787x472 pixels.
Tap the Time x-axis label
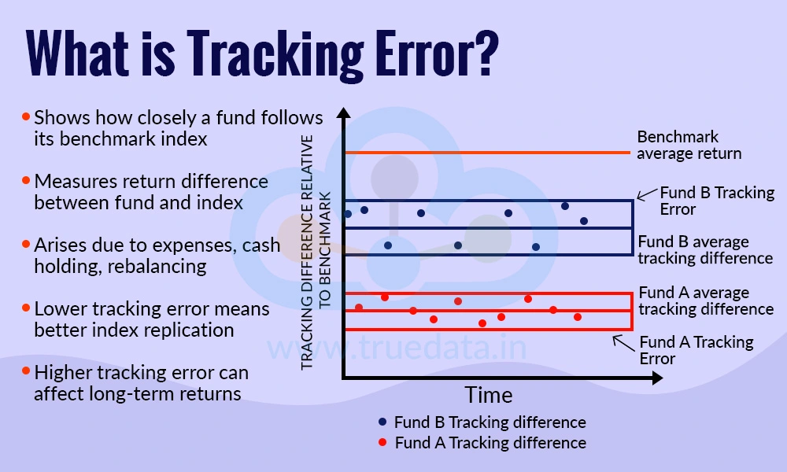pos(488,394)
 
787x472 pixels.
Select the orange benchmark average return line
pos(488,152)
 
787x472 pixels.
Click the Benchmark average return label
pos(689,146)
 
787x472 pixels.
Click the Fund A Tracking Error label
pos(696,350)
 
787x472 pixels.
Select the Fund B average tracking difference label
pos(704,249)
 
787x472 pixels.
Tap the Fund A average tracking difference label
pos(705,301)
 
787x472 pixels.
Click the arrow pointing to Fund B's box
pos(647,195)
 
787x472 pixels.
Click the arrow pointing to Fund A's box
pos(624,342)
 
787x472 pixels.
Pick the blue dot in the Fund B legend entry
pos(382,422)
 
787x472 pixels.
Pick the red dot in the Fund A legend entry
pos(382,443)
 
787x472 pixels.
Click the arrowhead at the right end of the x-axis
pos(656,379)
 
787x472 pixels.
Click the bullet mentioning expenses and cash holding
pos(156,256)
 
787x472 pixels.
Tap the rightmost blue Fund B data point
pos(583,221)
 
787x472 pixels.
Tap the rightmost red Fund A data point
pos(578,317)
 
